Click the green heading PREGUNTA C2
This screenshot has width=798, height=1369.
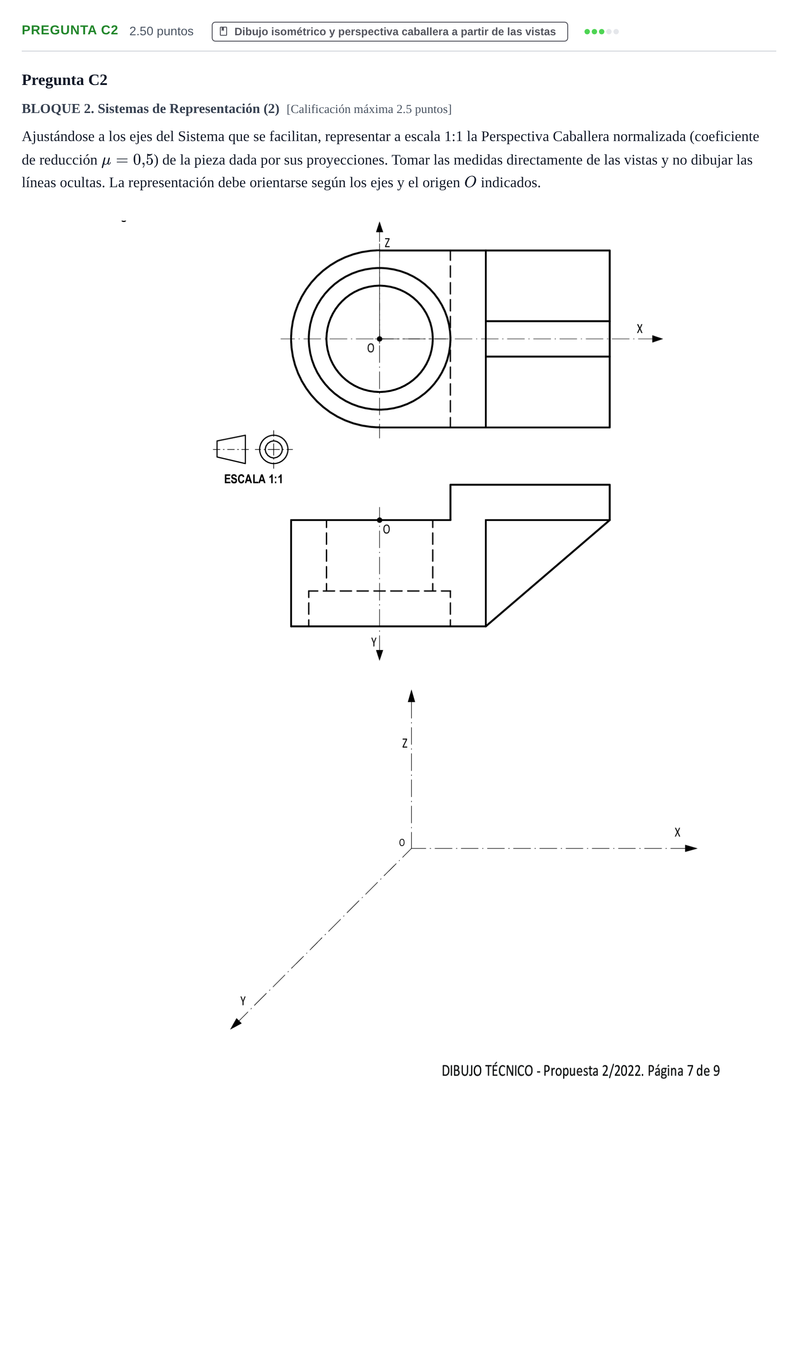tap(70, 30)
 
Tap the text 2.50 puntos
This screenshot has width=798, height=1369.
tap(161, 31)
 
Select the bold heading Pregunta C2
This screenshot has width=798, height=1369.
tap(65, 80)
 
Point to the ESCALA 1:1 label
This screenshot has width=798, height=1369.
tap(253, 479)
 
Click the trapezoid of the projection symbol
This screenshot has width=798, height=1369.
tap(231, 449)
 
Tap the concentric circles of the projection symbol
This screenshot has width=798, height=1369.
tap(273, 449)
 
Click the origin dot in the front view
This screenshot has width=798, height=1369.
tap(380, 339)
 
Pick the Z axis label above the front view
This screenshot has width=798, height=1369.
tap(387, 243)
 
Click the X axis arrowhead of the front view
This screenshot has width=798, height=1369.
tap(657, 339)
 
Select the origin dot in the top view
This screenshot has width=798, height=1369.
tap(380, 520)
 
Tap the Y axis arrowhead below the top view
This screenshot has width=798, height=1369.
tap(380, 655)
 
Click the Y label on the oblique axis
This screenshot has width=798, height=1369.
tap(243, 1001)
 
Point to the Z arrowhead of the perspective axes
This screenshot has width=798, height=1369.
tap(412, 696)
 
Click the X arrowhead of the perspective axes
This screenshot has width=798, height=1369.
tap(691, 849)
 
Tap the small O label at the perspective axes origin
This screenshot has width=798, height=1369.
tap(402, 843)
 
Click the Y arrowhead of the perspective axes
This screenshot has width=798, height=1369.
tap(235, 1024)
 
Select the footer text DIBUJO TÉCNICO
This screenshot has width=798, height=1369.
tap(487, 1071)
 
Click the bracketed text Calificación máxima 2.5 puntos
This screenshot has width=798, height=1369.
tap(369, 109)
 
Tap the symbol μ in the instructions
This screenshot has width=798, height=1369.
tap(106, 161)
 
